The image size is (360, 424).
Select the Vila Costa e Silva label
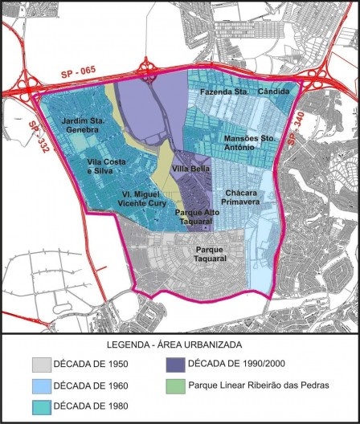coord(110,165)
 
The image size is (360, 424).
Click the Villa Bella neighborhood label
coord(191,169)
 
